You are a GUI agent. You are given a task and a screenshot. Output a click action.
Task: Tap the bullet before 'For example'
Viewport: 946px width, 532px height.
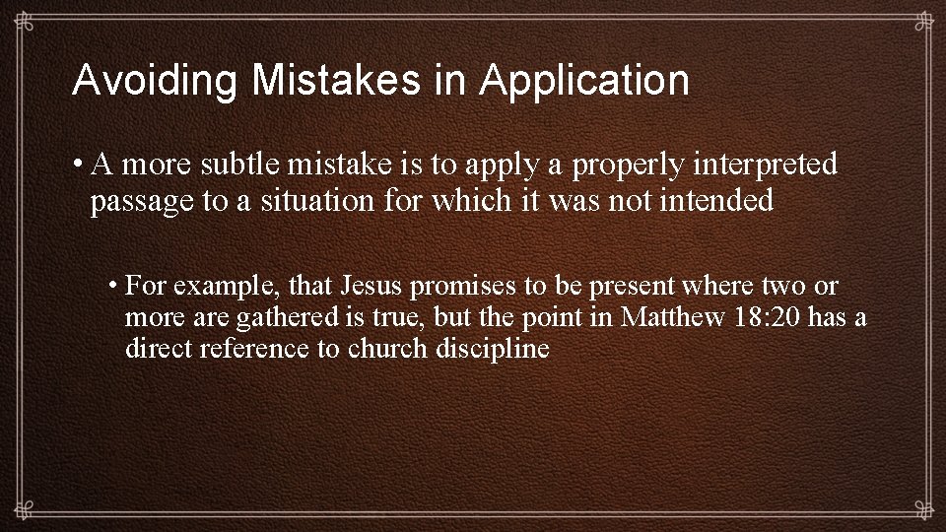(x=114, y=286)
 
